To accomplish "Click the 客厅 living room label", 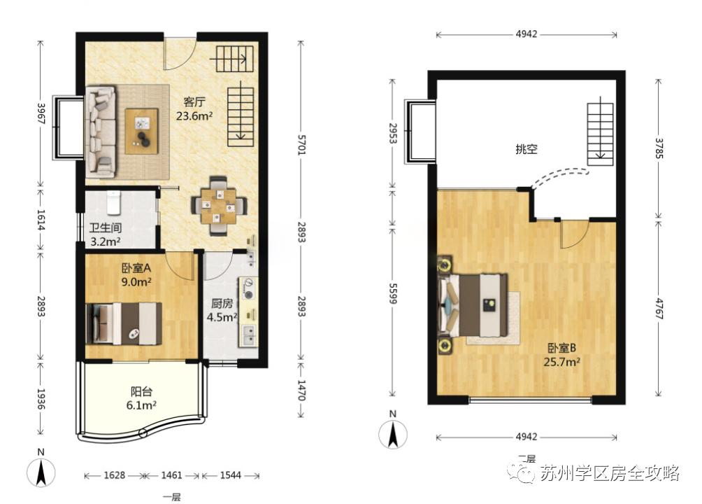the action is coord(194,102).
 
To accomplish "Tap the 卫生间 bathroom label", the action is coord(105,227).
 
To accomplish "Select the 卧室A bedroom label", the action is coord(136,268).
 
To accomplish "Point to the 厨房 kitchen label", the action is coord(222,304).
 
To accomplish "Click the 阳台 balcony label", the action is coord(141,391).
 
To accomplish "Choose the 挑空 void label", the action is coord(526,149).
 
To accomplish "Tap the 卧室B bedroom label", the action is coord(562,347).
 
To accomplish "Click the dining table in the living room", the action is coord(219,206).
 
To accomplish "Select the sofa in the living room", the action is coord(100,130).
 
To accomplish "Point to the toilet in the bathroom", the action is coord(113,203).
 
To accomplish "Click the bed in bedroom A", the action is coord(124,323).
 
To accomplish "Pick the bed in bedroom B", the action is coord(473,306).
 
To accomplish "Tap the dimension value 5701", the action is coord(301,144).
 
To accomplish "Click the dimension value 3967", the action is coord(41,114).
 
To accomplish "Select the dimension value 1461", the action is coord(171,475).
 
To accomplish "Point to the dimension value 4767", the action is coord(659,308).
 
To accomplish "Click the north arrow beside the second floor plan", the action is coord(393,433).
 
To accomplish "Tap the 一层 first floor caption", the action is coord(171,497).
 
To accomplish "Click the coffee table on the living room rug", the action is coord(141,131).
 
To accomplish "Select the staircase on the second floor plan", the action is coord(600,134).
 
